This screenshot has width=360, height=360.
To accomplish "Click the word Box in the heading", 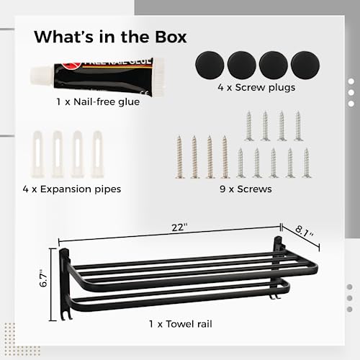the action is (171, 37).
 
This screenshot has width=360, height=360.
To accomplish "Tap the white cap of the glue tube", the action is (42, 76).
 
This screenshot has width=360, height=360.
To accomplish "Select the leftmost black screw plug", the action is (210, 65).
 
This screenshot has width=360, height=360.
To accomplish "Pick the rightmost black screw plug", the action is (305, 65).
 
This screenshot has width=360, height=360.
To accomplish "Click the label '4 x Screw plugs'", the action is (256, 88).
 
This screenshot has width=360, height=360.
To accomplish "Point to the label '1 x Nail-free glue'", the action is (98, 102).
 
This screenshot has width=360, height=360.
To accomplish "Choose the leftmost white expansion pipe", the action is (38, 154).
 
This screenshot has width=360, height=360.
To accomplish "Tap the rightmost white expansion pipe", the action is (97, 154).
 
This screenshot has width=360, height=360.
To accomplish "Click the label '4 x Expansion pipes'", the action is (72, 189).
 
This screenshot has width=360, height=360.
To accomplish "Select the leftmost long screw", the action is (179, 157).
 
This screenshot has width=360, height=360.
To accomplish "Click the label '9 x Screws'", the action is (246, 189).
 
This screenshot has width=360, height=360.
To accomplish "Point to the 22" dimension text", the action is (179, 228).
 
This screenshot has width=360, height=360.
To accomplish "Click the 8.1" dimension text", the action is (304, 231).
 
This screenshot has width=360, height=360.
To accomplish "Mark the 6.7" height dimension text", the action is (44, 278).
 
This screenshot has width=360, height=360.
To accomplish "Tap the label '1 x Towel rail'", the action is (181, 324).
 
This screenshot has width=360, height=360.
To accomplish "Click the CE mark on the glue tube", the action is (148, 92).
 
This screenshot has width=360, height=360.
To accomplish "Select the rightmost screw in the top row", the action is (298, 126).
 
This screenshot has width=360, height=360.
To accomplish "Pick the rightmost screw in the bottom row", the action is (307, 163).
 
